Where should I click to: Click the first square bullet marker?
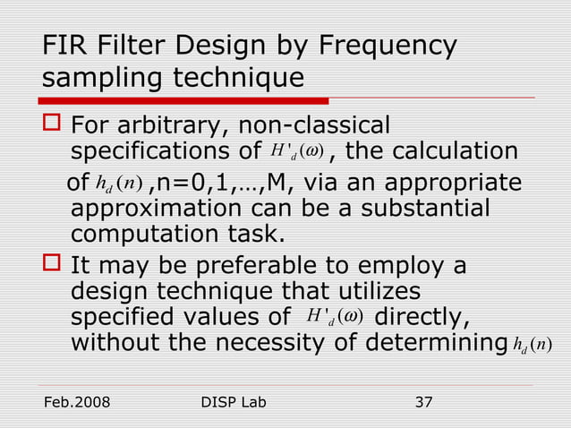click(x=51, y=124)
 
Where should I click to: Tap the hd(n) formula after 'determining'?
click(x=535, y=346)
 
